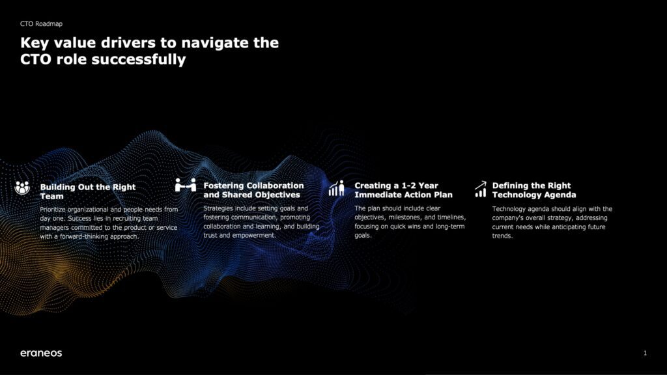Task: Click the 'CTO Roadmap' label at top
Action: click(x=41, y=24)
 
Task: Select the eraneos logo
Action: click(x=41, y=353)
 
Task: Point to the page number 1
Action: click(x=645, y=353)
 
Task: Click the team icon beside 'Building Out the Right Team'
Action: click(x=22, y=187)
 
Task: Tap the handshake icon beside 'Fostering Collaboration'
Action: click(x=186, y=186)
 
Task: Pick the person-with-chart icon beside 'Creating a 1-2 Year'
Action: click(x=336, y=188)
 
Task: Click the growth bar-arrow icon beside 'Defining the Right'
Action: click(x=480, y=189)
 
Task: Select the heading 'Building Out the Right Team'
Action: click(x=88, y=191)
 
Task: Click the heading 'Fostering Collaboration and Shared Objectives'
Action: click(x=253, y=190)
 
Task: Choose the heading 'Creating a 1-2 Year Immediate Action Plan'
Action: click(x=403, y=190)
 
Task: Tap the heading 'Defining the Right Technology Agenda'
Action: click(x=534, y=190)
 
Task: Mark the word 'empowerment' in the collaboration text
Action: click(x=255, y=235)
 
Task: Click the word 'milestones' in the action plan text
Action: click(x=404, y=217)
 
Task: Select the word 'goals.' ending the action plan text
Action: click(x=363, y=236)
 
